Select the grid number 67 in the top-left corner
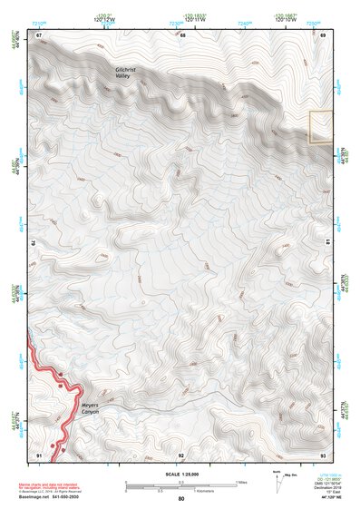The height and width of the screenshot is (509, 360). click(x=39, y=34)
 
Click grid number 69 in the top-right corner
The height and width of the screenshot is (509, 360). click(x=323, y=34)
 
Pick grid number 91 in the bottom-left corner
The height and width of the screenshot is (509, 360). click(x=39, y=454)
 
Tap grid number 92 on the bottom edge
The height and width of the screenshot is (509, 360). click(x=181, y=454)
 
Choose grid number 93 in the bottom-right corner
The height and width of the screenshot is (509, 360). click(x=323, y=454)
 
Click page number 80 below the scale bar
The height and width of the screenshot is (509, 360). click(x=181, y=499)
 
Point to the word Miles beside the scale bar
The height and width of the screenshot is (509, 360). click(x=240, y=482)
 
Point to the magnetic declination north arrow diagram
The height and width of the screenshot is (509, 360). click(x=277, y=480)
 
